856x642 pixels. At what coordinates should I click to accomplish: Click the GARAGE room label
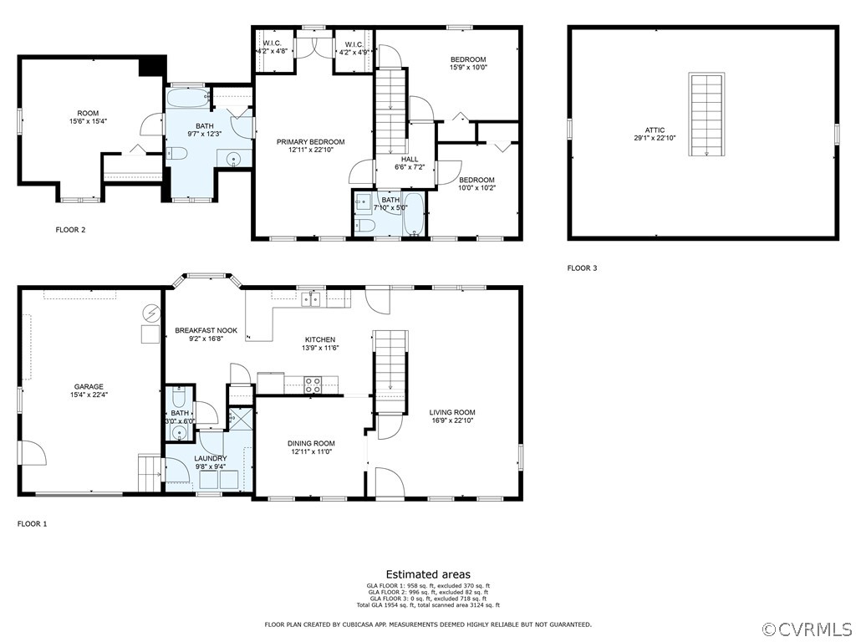[x=89, y=387]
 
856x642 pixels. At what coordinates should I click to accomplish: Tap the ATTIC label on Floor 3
[x=655, y=130]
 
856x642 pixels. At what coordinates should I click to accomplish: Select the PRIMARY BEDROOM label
[x=311, y=142]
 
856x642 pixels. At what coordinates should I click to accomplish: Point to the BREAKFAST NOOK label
[x=206, y=330]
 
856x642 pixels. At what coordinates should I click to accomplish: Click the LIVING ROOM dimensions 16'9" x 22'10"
[x=452, y=420]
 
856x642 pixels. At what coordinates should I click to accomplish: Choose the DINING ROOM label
[x=311, y=443]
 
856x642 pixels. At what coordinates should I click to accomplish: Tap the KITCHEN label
[x=320, y=339]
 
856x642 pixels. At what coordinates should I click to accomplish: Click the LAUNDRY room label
[x=210, y=459]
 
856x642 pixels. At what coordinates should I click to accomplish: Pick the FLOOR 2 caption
[x=70, y=230]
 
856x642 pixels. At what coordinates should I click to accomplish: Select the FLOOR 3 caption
[x=582, y=268]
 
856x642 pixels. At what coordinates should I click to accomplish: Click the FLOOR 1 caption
[x=33, y=524]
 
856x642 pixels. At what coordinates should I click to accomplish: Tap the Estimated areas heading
[x=428, y=574]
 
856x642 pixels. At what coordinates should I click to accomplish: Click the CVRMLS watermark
[x=806, y=630]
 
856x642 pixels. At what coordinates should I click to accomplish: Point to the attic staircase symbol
[x=707, y=115]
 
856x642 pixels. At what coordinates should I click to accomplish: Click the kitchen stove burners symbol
[x=313, y=385]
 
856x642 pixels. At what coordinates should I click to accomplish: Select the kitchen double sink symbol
[x=311, y=300]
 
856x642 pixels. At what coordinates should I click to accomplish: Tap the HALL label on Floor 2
[x=410, y=160]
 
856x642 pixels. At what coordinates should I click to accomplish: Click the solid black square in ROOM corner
[x=152, y=66]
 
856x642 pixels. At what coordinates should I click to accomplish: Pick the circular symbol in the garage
[x=150, y=313]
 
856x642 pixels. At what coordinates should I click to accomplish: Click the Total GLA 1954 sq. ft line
[x=428, y=605]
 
